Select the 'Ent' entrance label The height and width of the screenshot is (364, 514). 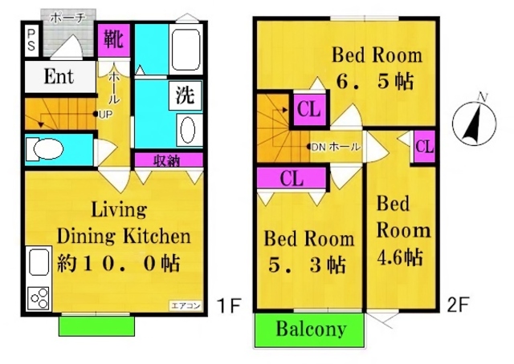click(x=59, y=78)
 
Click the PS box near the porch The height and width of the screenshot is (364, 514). click(x=31, y=39)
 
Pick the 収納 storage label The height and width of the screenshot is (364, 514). click(x=168, y=160)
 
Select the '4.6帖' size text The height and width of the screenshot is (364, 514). click(x=402, y=257)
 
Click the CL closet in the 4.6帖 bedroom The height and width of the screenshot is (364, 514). click(x=425, y=148)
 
